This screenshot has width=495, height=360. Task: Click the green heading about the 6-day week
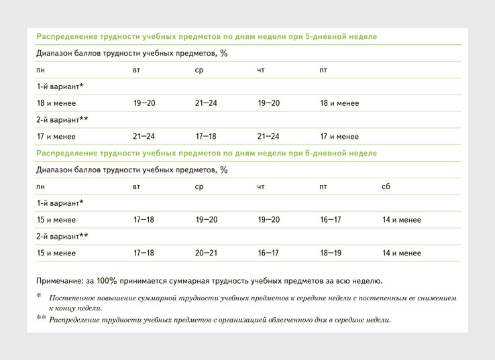(207, 153)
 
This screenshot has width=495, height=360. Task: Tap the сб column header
(386, 186)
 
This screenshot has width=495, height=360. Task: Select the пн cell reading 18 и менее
(56, 103)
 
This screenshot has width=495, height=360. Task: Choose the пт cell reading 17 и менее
(339, 136)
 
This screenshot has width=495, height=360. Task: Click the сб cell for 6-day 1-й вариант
(402, 220)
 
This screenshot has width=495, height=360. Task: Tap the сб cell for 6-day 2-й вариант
(402, 253)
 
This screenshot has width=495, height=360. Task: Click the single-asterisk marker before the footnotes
(39, 296)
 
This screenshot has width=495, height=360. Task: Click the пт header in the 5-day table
(324, 70)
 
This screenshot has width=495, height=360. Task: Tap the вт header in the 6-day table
(137, 186)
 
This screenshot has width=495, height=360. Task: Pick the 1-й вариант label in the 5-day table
(60, 86)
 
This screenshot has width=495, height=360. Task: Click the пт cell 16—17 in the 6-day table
(331, 220)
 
